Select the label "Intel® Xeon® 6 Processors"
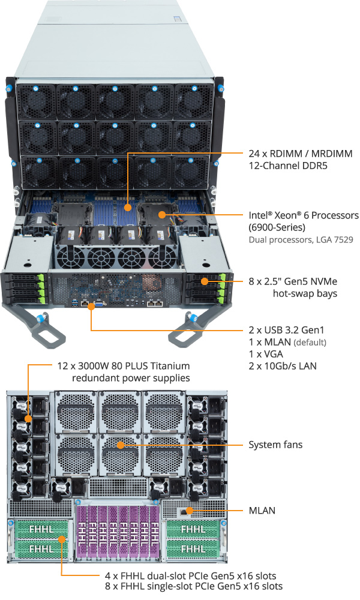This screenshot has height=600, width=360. click(304, 215)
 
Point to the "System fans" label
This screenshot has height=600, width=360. click(275, 445)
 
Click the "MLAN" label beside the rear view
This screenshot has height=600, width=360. click(263, 512)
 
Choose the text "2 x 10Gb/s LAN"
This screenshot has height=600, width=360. click(282, 366)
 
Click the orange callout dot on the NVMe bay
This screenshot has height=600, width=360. click(203, 280)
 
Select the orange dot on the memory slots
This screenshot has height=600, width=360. click(127, 207)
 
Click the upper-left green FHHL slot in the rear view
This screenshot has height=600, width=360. click(40, 530)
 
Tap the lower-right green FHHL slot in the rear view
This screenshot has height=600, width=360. click(193, 548)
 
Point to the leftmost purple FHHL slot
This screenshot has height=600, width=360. click(85, 532)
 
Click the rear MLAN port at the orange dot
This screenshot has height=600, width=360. click(190, 511)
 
